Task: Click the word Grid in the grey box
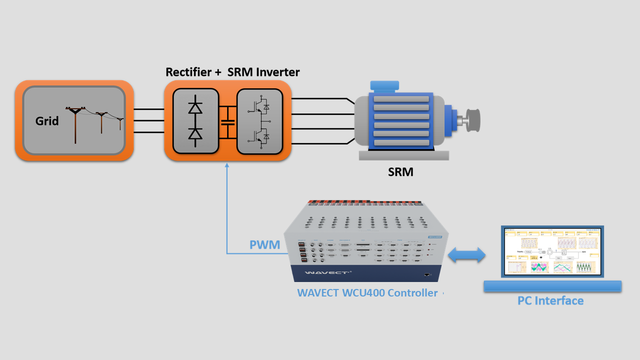point(47,121)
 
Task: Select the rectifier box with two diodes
point(195,120)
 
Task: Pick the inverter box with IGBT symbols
point(259,120)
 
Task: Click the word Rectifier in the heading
point(189,72)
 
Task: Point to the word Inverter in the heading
point(278,72)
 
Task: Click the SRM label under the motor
point(400,172)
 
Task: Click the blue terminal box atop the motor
point(384,86)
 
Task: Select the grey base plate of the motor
point(403,155)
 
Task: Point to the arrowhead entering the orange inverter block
point(227,165)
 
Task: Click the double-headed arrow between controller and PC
point(466,255)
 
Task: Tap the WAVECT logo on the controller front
point(322,273)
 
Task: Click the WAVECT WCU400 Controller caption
point(367,293)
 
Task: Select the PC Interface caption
point(550,300)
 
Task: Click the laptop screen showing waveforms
point(552,251)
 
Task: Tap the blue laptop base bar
point(552,286)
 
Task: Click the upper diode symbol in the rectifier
point(195,107)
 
